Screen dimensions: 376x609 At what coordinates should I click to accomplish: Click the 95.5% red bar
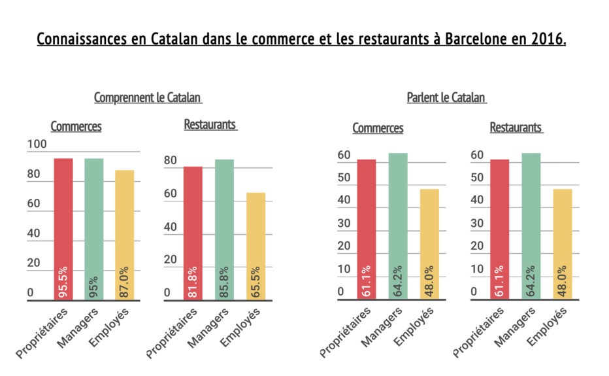63,229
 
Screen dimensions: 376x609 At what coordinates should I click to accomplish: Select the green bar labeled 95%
93,229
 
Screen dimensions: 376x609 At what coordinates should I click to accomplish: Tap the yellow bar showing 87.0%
124,235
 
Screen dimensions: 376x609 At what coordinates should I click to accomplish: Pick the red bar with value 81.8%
193,233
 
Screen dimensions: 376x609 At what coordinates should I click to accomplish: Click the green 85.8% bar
224,230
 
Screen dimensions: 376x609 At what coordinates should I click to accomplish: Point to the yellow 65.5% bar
255,246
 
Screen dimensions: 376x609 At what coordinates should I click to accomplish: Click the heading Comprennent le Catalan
148,98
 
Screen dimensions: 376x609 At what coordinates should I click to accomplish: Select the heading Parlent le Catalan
446,98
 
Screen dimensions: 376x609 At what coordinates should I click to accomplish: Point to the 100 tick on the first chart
37,145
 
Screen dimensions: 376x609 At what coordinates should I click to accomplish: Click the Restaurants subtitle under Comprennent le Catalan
210,124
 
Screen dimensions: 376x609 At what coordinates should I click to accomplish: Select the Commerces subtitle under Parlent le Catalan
378,128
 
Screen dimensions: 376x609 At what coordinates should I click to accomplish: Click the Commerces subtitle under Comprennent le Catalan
76,126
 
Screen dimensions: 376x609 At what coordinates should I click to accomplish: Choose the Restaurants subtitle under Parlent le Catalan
516,128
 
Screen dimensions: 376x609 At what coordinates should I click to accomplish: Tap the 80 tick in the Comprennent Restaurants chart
170,161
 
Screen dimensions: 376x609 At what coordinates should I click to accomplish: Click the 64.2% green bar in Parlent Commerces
398,226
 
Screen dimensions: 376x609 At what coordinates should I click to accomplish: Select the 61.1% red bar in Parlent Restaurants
500,230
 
